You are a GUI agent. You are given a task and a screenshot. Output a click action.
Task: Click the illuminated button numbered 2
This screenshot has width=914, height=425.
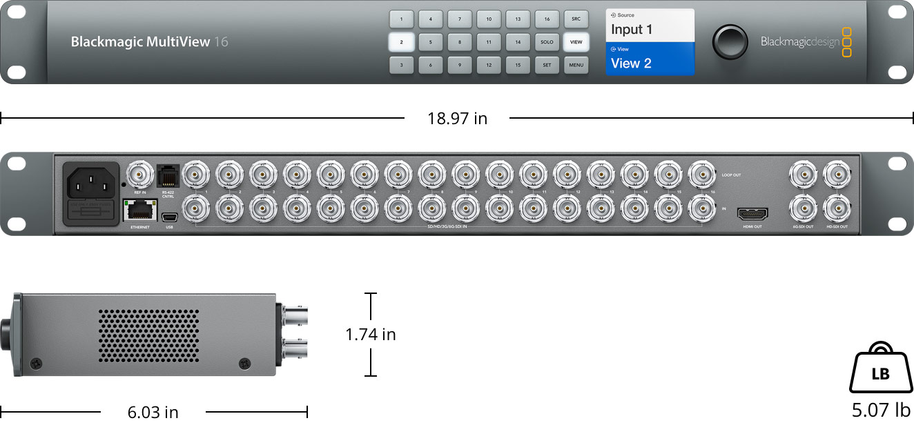pos(401,42)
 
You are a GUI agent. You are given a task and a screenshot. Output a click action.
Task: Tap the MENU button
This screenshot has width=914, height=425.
pos(576,66)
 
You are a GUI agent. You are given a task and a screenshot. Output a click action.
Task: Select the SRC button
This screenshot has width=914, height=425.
pos(576,19)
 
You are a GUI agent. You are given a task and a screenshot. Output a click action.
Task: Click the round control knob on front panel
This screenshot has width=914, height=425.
pos(730,41)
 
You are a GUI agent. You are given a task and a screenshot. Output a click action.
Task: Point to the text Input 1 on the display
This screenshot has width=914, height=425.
pos(632,30)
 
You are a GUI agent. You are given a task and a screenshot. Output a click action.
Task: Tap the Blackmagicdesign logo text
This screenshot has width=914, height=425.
pos(800,42)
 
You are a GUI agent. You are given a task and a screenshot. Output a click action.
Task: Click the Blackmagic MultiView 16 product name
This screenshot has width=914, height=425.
pos(149,42)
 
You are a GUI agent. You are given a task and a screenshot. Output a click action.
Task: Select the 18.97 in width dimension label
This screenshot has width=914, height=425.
pos(457,119)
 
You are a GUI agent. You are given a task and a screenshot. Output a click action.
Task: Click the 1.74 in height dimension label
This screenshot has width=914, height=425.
pos(371,335)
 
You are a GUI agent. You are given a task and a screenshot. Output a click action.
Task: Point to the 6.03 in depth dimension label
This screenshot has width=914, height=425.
pos(153,413)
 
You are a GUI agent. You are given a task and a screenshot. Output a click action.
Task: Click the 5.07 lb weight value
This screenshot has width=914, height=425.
pos(881,410)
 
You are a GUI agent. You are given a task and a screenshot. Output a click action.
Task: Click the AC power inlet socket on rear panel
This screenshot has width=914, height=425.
pos(91,182)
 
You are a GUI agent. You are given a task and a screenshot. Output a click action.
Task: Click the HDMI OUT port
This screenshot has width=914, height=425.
pos(752,213)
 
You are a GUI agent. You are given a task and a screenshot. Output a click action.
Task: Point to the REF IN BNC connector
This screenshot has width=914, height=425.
pos(140,175)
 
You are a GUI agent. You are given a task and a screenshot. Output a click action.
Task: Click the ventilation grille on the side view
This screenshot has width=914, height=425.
pos(148,335)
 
